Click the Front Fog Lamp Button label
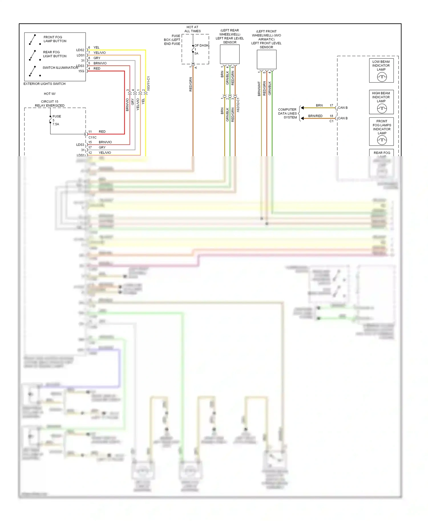(x=55, y=39)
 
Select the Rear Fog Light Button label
(x=54, y=54)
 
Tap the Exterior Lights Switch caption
(x=45, y=84)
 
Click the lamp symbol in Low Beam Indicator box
(x=382, y=77)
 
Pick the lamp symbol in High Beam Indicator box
(x=382, y=108)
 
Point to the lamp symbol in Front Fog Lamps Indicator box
(x=382, y=140)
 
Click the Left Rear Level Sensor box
(x=229, y=54)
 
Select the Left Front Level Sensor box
(x=267, y=60)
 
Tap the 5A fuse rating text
(x=196, y=54)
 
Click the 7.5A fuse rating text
(x=56, y=124)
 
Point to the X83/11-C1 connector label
(x=148, y=84)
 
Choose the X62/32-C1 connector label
(x=238, y=105)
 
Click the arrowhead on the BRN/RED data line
(x=302, y=118)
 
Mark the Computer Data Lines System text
(x=287, y=113)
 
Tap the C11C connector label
(x=92, y=137)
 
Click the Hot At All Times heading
(x=192, y=29)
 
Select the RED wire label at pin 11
(x=102, y=132)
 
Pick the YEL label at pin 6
(x=96, y=48)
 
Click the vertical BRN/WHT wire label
(x=259, y=89)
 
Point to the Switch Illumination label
(x=60, y=68)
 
